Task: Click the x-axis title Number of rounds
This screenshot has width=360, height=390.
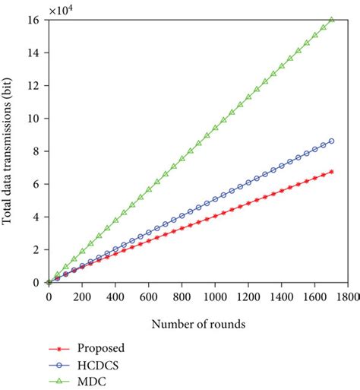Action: pyautogui.click(x=197, y=323)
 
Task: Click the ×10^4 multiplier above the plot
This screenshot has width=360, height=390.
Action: pyautogui.click(x=64, y=9)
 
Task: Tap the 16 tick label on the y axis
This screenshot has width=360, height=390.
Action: pyautogui.click(x=35, y=21)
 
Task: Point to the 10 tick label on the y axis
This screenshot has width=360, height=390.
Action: pyautogui.click(x=35, y=119)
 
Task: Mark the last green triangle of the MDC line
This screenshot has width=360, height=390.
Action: pyautogui.click(x=331, y=20)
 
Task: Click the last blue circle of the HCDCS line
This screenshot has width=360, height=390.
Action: pyautogui.click(x=331, y=141)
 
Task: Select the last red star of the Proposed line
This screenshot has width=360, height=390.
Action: pyautogui.click(x=331, y=172)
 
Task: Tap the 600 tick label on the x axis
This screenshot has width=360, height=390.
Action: pyautogui.click(x=148, y=296)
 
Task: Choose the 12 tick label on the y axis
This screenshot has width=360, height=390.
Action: pyautogui.click(x=35, y=86)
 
